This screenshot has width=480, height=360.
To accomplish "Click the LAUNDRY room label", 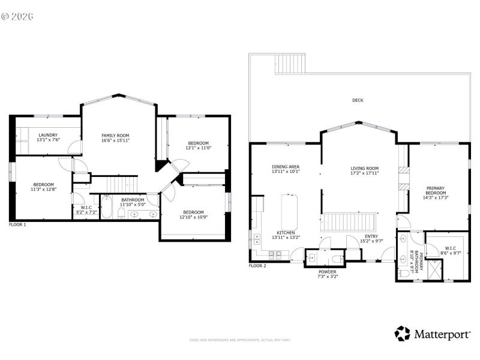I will [47, 135].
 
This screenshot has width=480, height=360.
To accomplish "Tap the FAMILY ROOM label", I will [115, 136].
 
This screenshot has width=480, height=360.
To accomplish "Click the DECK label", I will [358, 100].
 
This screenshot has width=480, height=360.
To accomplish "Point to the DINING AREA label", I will [286, 167].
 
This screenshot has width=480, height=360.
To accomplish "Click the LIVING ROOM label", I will [364, 168].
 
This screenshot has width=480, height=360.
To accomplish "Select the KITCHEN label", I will [286, 233].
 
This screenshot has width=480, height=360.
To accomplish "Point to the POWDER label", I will [327, 272].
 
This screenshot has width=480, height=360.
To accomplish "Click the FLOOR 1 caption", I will [17, 224].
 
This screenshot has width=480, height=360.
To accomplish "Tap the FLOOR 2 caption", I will [257, 265].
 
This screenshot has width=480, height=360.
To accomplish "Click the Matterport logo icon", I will [403, 333].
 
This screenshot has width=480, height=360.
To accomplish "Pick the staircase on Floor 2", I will [349, 222].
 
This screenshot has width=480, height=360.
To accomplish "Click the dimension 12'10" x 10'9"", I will [193, 217].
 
